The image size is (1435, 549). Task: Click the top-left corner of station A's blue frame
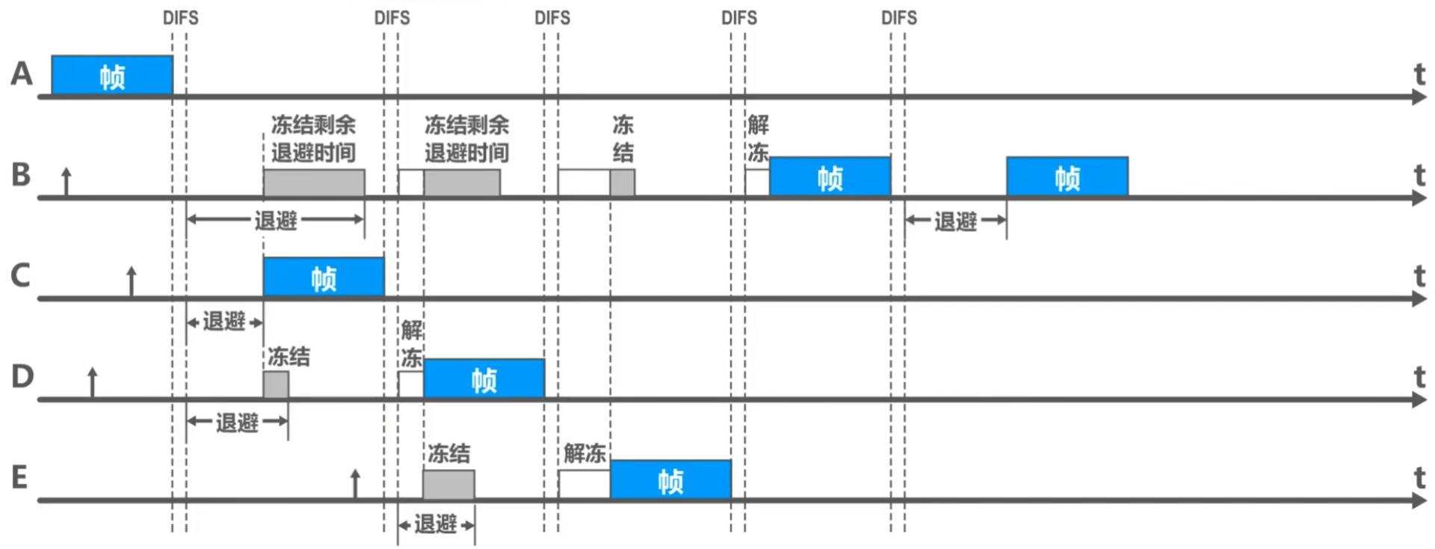pyautogui.click(x=52, y=56)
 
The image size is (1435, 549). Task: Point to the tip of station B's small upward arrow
pyautogui.click(x=67, y=168)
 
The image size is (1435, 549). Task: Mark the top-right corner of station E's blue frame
pyautogui.click(x=731, y=461)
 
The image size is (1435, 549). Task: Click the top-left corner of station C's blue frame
pyautogui.click(x=264, y=258)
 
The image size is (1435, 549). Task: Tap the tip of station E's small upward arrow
pyautogui.click(x=355, y=470)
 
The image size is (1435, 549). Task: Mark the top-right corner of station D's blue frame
pyautogui.click(x=544, y=360)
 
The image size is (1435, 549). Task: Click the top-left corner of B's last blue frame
pyautogui.click(x=1007, y=157)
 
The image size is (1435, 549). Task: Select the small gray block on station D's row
pyautogui.click(x=276, y=384)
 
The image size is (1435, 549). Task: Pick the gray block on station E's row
pyautogui.click(x=448, y=485)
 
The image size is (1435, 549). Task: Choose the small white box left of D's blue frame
pyautogui.click(x=411, y=384)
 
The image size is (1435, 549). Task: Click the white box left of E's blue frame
pyautogui.click(x=584, y=485)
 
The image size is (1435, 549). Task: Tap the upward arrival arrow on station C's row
pyautogui.click(x=132, y=282)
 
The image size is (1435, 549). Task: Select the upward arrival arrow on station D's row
pyautogui.click(x=93, y=383)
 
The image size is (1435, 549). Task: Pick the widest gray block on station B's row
pyautogui.click(x=314, y=183)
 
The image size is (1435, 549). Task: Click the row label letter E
pyautogui.click(x=20, y=477)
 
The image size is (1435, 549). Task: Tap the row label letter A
pyautogui.click(x=22, y=73)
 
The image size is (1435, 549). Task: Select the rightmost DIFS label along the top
pyautogui.click(x=899, y=18)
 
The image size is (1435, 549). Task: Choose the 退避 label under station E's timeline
pyautogui.click(x=436, y=524)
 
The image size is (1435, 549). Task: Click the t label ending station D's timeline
pyautogui.click(x=1420, y=376)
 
